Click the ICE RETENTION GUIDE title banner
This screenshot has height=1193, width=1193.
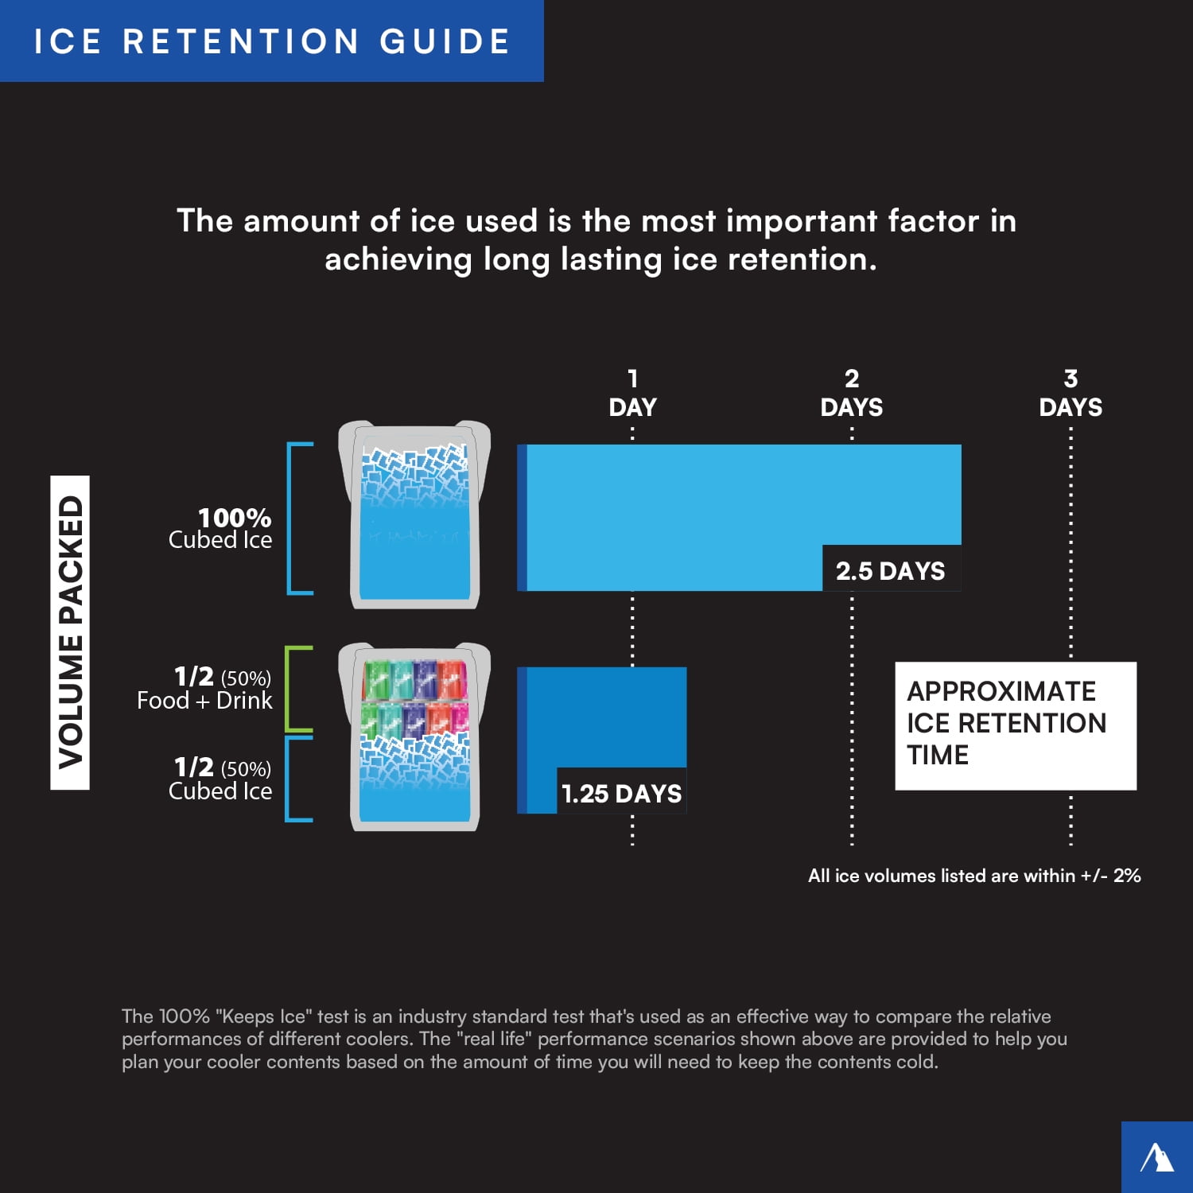tap(271, 41)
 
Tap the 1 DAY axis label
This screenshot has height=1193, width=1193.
tap(632, 394)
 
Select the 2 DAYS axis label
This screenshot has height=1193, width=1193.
tap(851, 394)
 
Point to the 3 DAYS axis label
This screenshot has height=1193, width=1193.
tap(1071, 394)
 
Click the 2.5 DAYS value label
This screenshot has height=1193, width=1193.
tap(890, 570)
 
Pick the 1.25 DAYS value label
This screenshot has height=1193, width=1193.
tap(621, 793)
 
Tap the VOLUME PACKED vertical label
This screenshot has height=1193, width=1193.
tap(70, 632)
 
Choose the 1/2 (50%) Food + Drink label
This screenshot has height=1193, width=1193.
tap(205, 689)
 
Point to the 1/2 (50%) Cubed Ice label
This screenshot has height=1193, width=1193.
tap(221, 779)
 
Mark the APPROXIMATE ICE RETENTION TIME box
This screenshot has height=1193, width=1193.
tap(1015, 725)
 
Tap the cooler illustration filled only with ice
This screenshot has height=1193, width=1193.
tap(414, 515)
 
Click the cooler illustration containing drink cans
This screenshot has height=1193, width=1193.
tap(414, 737)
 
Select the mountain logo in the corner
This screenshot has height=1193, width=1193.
tap(1157, 1157)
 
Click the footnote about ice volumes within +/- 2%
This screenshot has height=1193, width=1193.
tap(974, 876)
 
